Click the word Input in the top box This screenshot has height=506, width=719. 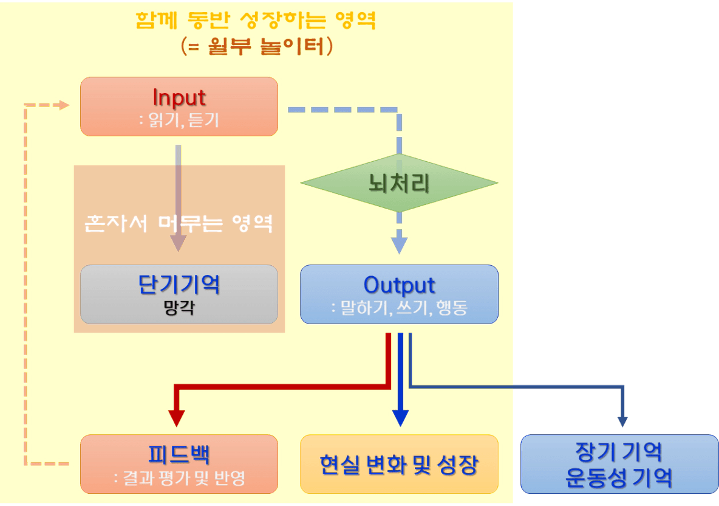pyautogui.click(x=179, y=97)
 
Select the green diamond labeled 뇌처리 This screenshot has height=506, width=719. pyautogui.click(x=399, y=183)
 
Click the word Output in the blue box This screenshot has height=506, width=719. pyautogui.click(x=399, y=285)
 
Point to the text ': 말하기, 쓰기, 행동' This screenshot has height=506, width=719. pyautogui.click(x=399, y=308)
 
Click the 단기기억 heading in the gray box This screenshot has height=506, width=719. pyautogui.click(x=179, y=284)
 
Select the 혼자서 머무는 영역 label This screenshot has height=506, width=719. pyautogui.click(x=179, y=224)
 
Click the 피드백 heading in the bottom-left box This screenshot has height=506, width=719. pyautogui.click(x=179, y=454)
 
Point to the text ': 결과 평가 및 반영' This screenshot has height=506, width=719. pyautogui.click(x=179, y=478)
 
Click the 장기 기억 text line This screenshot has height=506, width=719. pyautogui.click(x=619, y=452)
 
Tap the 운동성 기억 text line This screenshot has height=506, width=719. pyautogui.click(x=619, y=478)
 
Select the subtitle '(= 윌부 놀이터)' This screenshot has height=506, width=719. pyautogui.click(x=256, y=47)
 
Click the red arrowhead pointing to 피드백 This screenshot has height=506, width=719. pyautogui.click(x=176, y=417)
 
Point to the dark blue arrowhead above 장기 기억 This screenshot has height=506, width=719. pyautogui.click(x=622, y=420)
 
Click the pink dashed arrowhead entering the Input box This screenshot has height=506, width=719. pyautogui.click(x=64, y=105)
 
